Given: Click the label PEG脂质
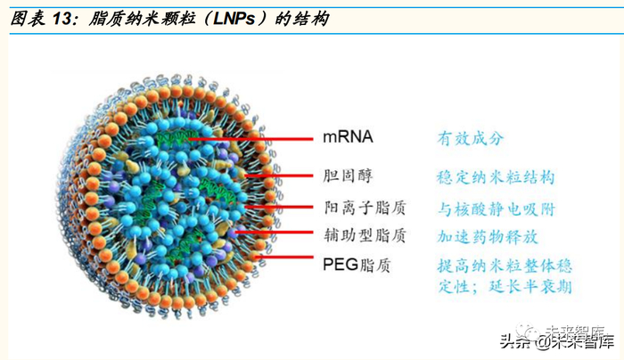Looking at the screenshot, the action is [x=356, y=265].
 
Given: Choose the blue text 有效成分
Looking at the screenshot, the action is [x=470, y=138].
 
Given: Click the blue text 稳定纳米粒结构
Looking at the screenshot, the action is [x=496, y=176].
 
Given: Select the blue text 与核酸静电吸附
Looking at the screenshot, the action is [x=496, y=209].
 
